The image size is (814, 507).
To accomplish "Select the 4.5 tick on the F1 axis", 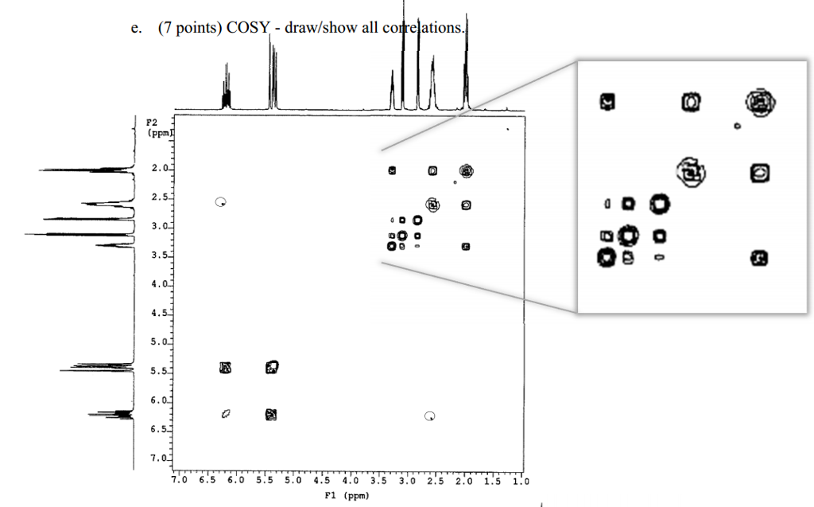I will click(x=321, y=481).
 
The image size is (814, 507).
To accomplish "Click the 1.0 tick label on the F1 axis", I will click(x=521, y=481).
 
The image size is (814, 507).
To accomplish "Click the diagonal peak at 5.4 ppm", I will click(x=272, y=367).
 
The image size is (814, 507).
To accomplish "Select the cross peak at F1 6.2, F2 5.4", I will click(x=226, y=367).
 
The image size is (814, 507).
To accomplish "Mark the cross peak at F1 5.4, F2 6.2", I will click(x=271, y=414).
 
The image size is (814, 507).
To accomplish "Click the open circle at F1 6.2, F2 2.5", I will click(x=221, y=201).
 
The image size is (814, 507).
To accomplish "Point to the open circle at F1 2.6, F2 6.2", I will click(x=430, y=415).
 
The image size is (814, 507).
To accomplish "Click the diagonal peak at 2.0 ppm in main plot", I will click(x=466, y=170).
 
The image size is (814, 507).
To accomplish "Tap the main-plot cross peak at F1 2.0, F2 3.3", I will click(x=466, y=247).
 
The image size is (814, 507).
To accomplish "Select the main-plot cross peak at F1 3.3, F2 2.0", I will click(x=392, y=170).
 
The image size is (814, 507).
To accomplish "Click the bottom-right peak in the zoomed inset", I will click(x=759, y=257).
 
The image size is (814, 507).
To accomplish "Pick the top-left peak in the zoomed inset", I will click(x=607, y=101).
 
